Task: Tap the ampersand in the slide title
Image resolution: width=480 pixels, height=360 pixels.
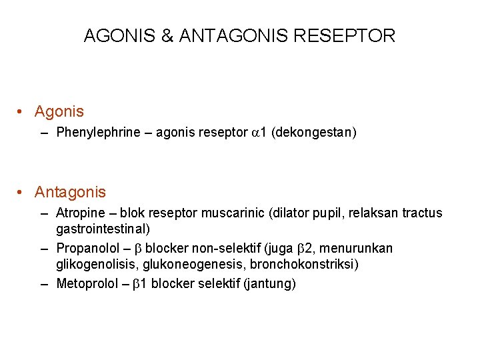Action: coord(167,36)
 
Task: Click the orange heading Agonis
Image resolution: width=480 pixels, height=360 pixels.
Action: coord(59,112)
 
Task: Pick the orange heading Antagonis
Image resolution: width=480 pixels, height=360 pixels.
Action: coord(70,193)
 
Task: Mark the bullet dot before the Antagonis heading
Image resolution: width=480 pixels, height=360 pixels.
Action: coord(22,193)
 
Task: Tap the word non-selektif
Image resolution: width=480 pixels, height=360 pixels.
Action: coord(227,249)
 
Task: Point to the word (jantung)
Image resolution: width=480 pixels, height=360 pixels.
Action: coord(270,284)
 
